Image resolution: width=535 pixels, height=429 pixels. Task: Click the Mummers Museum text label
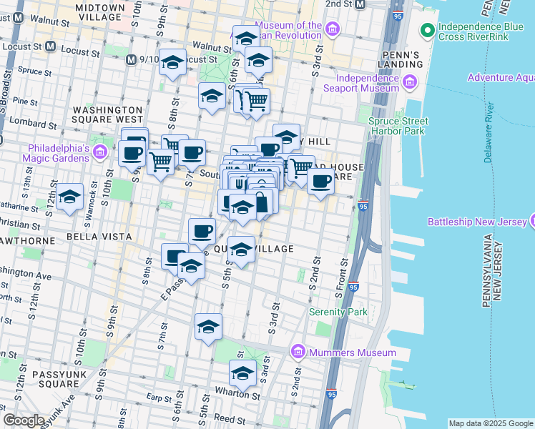[353, 352]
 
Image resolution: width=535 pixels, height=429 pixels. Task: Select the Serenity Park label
[338, 312]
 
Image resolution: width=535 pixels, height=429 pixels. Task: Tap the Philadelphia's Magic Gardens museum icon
[100, 152]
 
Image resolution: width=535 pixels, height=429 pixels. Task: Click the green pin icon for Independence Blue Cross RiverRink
[427, 30]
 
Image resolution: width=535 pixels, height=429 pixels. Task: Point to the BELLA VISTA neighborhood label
[99, 236]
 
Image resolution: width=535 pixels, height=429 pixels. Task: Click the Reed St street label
[230, 418]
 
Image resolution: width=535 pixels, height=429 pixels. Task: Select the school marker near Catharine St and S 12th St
[69, 197]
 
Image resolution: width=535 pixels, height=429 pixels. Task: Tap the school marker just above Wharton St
[242, 373]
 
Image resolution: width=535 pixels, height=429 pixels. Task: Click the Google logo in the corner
[24, 420]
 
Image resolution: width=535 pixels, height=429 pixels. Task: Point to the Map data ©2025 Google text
[490, 423]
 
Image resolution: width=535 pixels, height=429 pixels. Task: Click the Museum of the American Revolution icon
[332, 29]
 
